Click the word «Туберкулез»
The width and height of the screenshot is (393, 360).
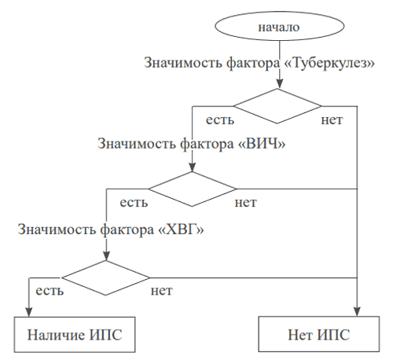point(329,63)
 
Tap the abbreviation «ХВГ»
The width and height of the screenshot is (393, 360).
point(182,230)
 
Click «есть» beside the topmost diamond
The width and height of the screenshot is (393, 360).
point(220,120)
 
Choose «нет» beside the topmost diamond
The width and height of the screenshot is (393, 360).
point(332,120)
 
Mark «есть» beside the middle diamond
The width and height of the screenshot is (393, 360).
point(134,203)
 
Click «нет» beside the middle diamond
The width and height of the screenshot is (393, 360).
point(245,203)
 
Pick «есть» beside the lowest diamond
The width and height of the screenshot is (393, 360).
point(50,291)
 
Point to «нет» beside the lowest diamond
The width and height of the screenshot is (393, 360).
point(161,291)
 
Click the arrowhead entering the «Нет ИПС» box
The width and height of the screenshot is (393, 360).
point(357,311)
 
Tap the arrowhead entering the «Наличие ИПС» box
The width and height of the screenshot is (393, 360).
point(29,312)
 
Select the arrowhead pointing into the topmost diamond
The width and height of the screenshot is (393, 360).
point(280,83)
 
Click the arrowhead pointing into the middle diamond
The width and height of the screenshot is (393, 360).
point(192,167)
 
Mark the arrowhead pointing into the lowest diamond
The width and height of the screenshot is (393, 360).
point(106,255)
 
